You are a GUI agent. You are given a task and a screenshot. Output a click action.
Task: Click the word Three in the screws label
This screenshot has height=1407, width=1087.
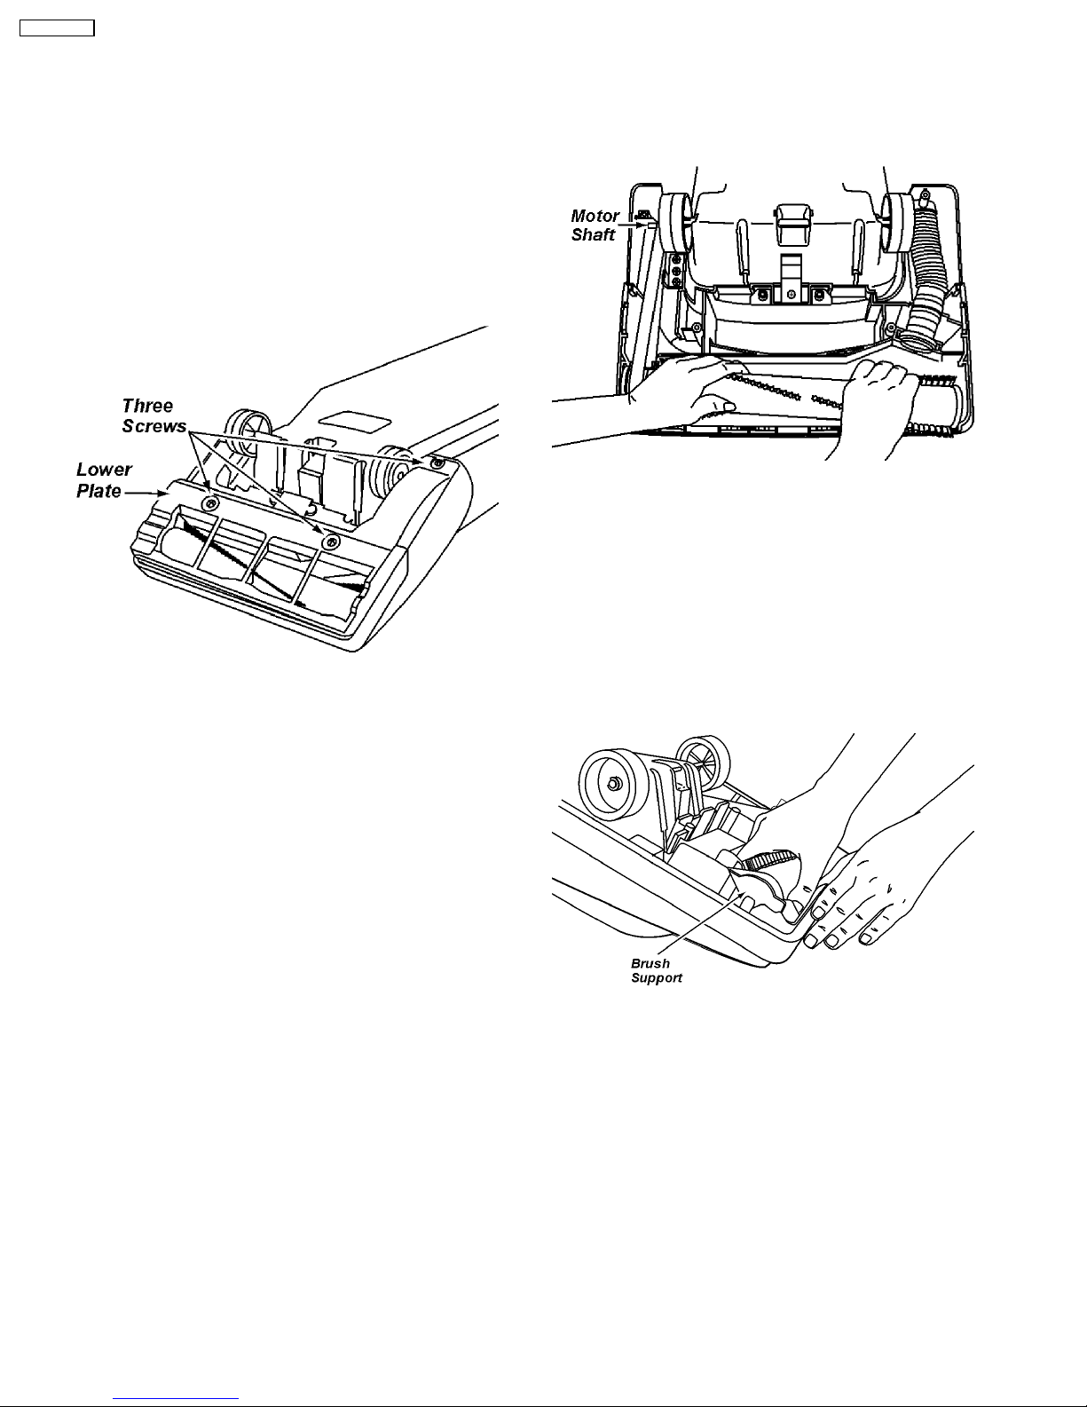click(147, 406)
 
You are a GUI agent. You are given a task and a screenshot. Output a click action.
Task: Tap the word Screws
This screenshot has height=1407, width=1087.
click(154, 426)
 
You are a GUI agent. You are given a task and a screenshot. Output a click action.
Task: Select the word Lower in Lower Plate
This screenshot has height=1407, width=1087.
click(104, 469)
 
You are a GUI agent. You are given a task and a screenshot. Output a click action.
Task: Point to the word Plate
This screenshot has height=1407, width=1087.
click(98, 491)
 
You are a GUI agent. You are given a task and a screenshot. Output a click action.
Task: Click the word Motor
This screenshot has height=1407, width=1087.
click(595, 216)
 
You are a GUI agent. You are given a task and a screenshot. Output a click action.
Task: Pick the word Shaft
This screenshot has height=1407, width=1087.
click(593, 234)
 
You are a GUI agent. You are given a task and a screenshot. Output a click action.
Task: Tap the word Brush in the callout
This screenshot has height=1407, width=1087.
click(650, 963)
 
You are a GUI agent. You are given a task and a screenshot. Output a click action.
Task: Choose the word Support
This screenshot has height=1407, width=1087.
click(656, 978)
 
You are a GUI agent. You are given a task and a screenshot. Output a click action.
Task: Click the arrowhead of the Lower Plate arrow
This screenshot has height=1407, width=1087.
click(163, 493)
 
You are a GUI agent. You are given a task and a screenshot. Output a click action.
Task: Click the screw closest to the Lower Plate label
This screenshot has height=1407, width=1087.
click(209, 502)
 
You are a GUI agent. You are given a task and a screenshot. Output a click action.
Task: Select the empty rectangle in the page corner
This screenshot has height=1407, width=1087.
click(57, 28)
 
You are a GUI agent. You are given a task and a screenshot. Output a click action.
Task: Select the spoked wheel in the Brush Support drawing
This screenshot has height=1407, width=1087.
click(703, 762)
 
